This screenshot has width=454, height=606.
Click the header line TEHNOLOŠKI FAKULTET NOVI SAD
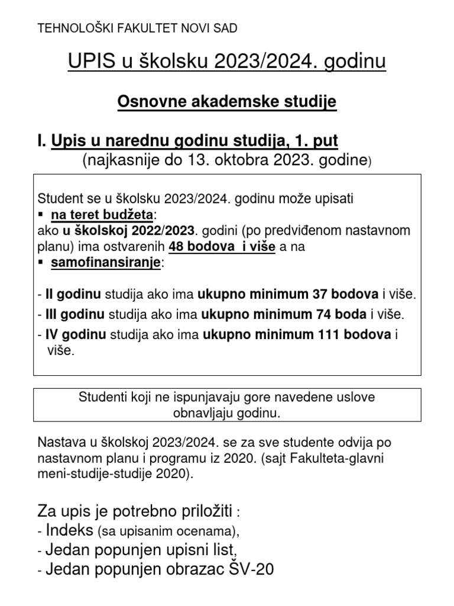click(138, 28)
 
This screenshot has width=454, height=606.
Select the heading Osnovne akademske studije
click(227, 101)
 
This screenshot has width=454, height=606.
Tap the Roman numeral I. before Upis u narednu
click(41, 141)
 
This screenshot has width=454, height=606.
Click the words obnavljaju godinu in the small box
click(226, 413)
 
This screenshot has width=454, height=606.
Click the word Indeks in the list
click(70, 528)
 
